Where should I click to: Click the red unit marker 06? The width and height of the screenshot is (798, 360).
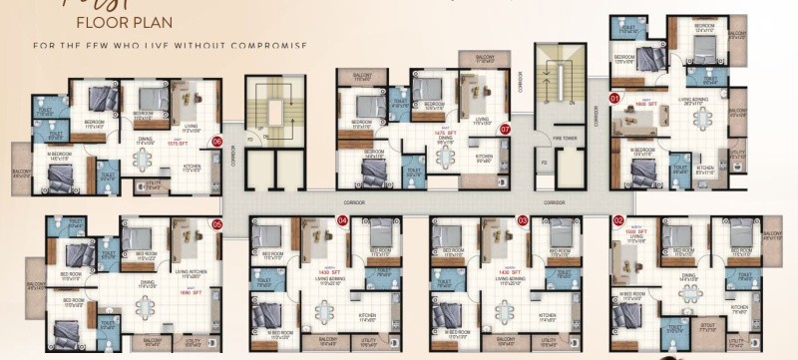(x=215, y=143)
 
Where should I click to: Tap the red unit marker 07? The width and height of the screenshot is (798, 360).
(x=505, y=129)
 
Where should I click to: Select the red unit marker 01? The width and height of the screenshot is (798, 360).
(x=615, y=98)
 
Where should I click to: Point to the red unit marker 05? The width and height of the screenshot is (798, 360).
(x=215, y=224)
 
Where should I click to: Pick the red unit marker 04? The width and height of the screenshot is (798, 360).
(x=342, y=220)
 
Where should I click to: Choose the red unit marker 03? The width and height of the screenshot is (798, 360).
(x=522, y=220)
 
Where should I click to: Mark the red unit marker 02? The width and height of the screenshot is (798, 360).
(x=618, y=220)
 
